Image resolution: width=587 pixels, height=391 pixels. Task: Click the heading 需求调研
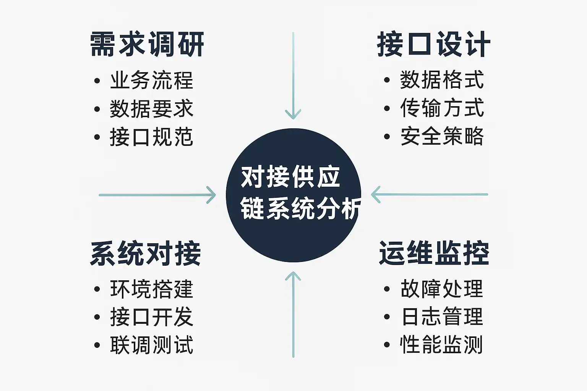(147, 44)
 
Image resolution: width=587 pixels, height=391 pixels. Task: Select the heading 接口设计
(434, 44)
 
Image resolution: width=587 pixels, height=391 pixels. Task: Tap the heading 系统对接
(146, 254)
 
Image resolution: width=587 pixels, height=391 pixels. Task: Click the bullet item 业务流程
(152, 81)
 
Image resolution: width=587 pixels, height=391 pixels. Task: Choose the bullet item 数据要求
(152, 109)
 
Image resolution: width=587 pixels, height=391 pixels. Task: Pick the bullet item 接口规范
(152, 137)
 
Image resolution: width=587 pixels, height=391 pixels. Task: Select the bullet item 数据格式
(442, 80)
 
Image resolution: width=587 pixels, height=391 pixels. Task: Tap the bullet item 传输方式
(442, 108)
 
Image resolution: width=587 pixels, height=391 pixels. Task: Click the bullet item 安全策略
(442, 136)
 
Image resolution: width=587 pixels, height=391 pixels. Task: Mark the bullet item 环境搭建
(152, 289)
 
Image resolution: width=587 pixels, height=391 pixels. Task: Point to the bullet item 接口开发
(152, 317)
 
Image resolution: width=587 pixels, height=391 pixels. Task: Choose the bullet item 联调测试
(152, 345)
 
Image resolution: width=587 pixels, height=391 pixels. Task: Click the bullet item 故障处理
(442, 289)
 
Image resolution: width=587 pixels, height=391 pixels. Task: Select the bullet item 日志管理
(442, 317)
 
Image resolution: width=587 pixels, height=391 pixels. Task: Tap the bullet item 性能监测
(441, 345)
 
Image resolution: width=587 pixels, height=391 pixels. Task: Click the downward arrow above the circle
(293, 76)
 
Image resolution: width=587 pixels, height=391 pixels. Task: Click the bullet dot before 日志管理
(387, 317)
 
